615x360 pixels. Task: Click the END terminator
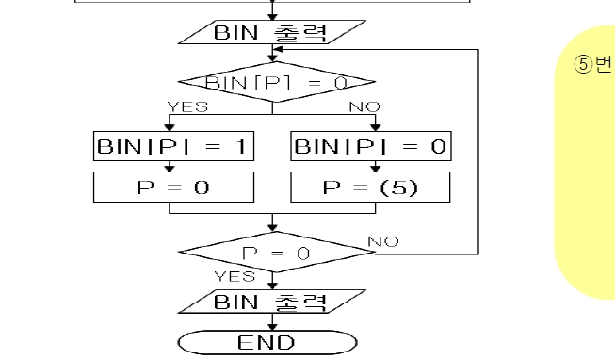point(267,342)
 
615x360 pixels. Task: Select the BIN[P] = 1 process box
point(173,146)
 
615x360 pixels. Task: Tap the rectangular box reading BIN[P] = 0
point(371,146)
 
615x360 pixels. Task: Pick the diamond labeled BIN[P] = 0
point(277,82)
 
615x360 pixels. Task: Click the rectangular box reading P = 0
point(173,188)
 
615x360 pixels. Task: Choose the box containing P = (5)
point(370,188)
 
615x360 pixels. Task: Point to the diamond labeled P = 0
point(277,252)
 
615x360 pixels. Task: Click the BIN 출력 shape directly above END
point(272,302)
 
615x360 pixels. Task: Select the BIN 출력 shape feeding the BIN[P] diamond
point(272,32)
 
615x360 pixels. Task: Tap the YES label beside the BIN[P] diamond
point(187,106)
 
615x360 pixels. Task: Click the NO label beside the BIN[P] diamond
point(364,106)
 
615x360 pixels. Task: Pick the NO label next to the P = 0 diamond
point(383,241)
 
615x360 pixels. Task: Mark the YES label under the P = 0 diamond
point(235,276)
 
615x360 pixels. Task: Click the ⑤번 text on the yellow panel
point(593,64)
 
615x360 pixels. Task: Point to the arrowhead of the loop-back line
point(278,49)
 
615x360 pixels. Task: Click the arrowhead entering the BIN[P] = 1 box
point(170,127)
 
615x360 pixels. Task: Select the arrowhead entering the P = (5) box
point(376,168)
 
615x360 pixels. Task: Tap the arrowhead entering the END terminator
point(272,326)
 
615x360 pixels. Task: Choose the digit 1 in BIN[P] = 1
point(241,146)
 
